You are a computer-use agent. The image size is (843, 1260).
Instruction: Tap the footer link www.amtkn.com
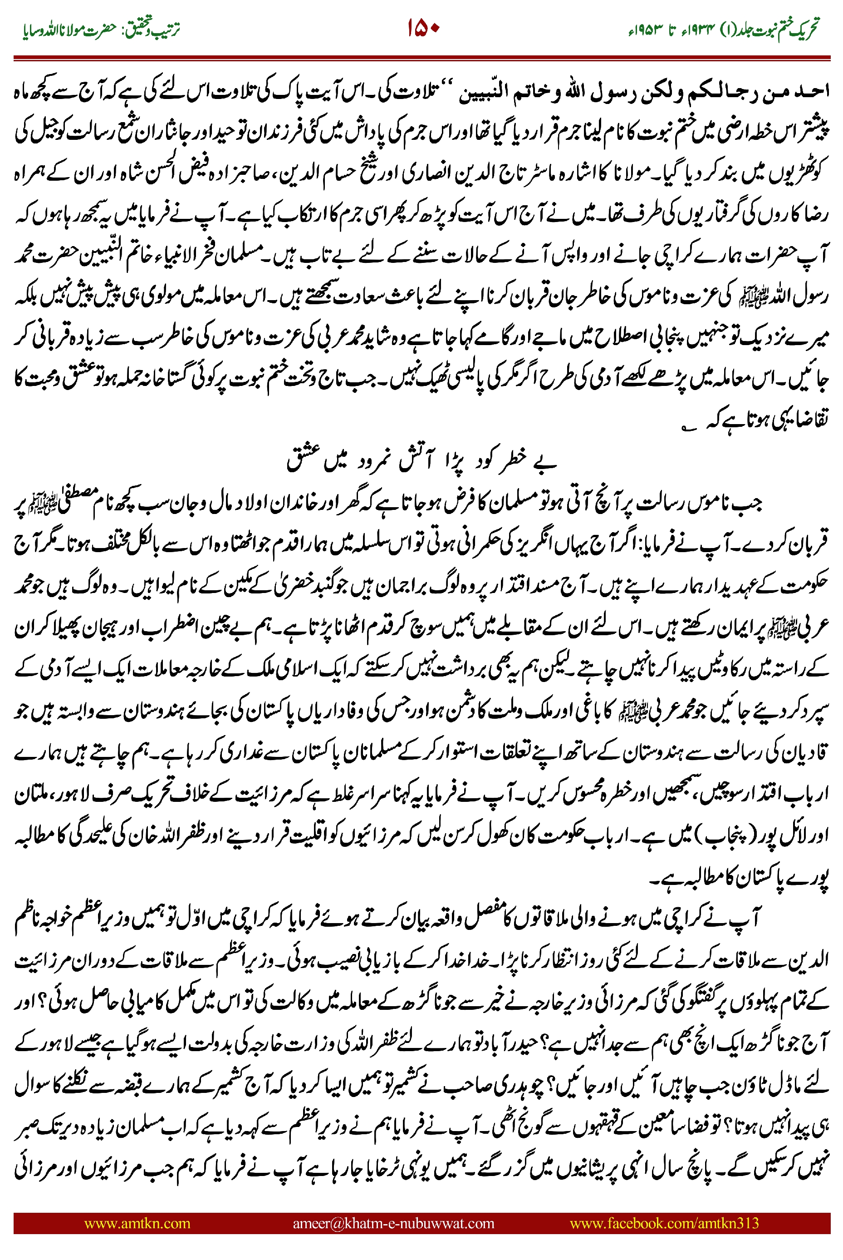point(137,1223)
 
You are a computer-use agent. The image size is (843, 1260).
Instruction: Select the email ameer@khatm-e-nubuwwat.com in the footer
point(393,1223)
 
